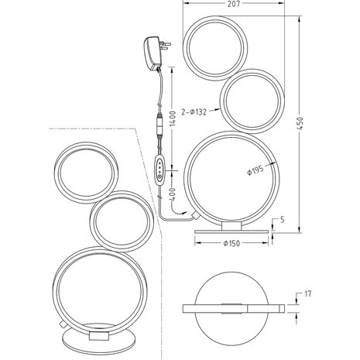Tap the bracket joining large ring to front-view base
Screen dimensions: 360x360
click(227, 224)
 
